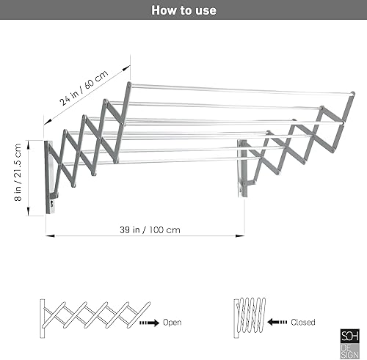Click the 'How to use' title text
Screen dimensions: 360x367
click(183, 10)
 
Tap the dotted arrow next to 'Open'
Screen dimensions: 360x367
click(148, 321)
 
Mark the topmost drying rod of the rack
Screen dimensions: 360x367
click(235, 90)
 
